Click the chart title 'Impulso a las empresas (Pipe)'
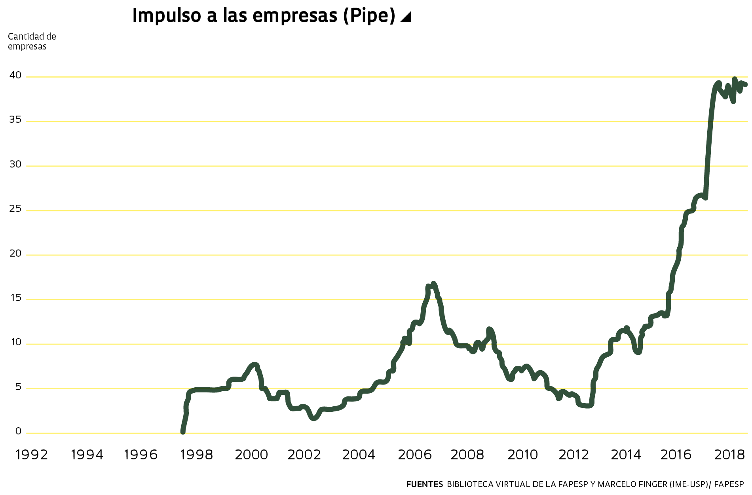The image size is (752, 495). pos(264,16)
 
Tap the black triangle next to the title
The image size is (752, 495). pos(406,17)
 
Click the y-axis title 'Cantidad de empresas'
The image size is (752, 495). pos(32,42)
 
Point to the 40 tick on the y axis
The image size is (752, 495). pos(15,75)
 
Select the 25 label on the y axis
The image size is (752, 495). pos(15,209)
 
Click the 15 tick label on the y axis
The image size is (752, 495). pos(15,298)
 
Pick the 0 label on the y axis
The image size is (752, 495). pos(18,432)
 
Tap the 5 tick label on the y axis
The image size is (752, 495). pos(18,387)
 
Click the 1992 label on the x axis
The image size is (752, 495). pos(32,455)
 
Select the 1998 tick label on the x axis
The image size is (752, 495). pos(196,455)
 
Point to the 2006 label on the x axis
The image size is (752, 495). pos(414,455)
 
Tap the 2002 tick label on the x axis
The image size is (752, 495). pos(304,455)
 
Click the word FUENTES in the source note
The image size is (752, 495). pos(424,484)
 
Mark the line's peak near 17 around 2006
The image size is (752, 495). pos(433,284)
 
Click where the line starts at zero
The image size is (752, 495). pos(182,432)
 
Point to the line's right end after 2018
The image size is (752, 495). pos(745,84)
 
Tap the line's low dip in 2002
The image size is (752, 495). pos(314,418)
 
